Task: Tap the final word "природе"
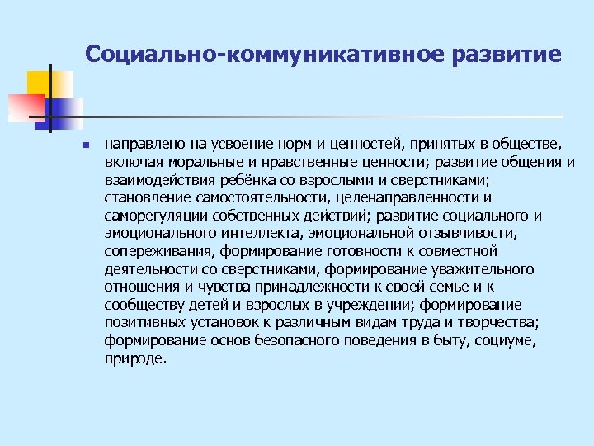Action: (135, 359)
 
